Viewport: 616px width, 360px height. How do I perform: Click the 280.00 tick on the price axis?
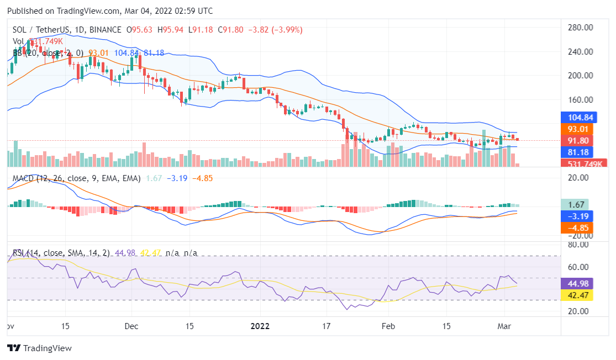click(580, 27)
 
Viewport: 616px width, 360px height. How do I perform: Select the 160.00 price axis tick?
click(580, 100)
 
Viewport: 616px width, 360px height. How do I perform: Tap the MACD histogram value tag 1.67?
click(575, 204)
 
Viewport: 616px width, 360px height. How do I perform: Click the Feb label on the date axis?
click(388, 326)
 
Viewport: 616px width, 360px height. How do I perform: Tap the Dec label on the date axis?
click(131, 326)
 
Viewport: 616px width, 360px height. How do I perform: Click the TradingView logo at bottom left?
click(39, 348)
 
